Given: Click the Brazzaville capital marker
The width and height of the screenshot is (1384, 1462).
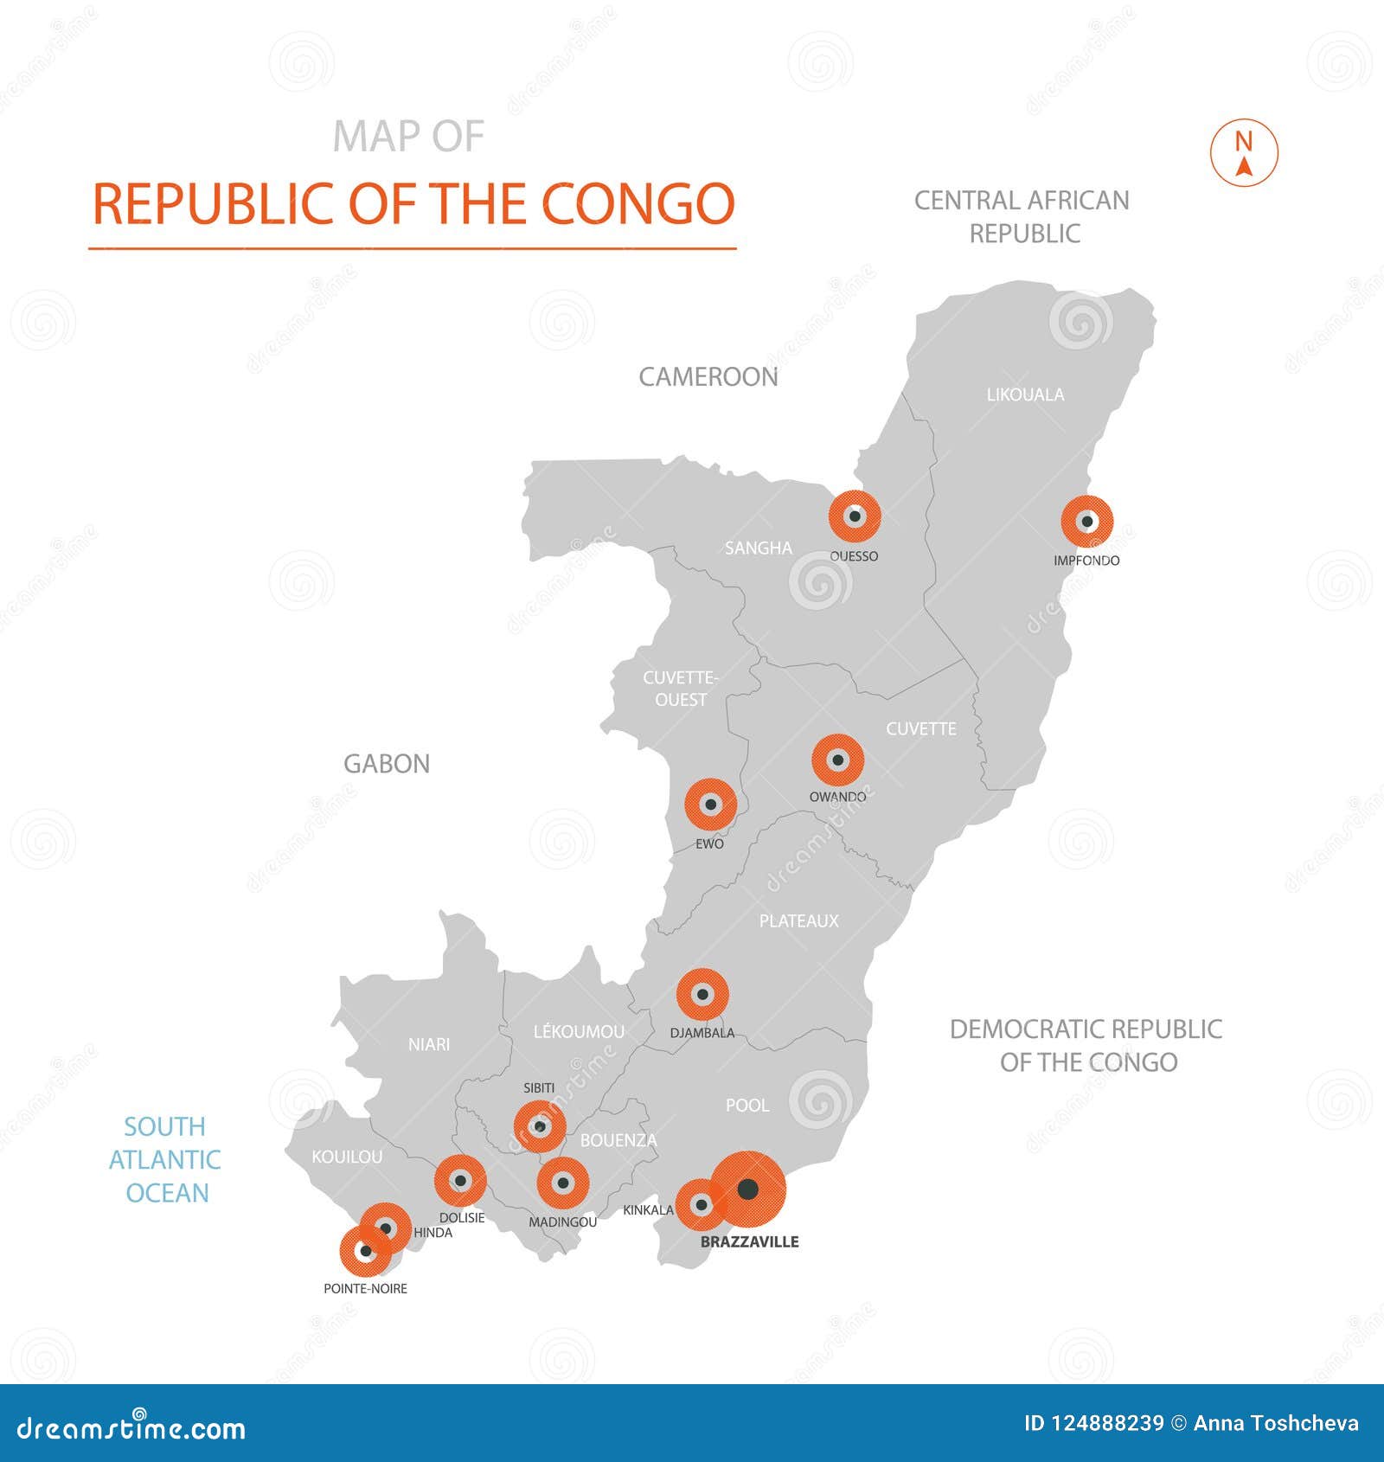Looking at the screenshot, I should coord(748,1189).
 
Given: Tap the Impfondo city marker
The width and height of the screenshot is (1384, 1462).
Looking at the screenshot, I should coord(1086,522).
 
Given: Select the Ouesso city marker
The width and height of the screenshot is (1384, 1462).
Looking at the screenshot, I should coord(855,516).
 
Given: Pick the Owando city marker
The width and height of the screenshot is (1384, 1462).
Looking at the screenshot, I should coord(837,760).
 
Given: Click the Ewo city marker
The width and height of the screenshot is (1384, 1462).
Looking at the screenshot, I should coord(710,805).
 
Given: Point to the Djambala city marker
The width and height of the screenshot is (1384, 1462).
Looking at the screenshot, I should coord(702,995).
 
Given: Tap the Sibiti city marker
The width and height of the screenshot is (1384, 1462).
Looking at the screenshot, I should coord(540,1126).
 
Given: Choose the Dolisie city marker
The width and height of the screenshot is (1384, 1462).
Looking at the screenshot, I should coord(460,1181).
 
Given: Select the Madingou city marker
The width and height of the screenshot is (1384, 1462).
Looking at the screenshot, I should coord(563,1183).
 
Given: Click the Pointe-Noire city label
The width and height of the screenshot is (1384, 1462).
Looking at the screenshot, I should coord(365,1288).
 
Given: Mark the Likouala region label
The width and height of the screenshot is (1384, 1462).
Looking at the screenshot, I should coord(1025,394).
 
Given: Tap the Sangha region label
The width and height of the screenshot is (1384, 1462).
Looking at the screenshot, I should coord(758,548).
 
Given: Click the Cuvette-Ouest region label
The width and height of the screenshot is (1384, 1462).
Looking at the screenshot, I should coord(680,689).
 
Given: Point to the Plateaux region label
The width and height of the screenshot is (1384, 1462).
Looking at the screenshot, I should coord(798,920).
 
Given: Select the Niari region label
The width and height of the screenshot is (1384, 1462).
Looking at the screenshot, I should coord(429,1044).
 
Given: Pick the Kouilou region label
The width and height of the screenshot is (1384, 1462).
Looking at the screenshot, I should coord(346,1157).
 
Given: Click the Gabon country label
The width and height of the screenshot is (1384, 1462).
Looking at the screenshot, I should coord(387,764).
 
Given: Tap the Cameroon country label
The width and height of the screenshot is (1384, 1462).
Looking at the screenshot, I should coord(708,377).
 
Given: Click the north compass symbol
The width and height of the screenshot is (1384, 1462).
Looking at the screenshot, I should coord(1244,153).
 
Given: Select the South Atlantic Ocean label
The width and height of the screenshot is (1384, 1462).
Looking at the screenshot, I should coord(165,1159).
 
